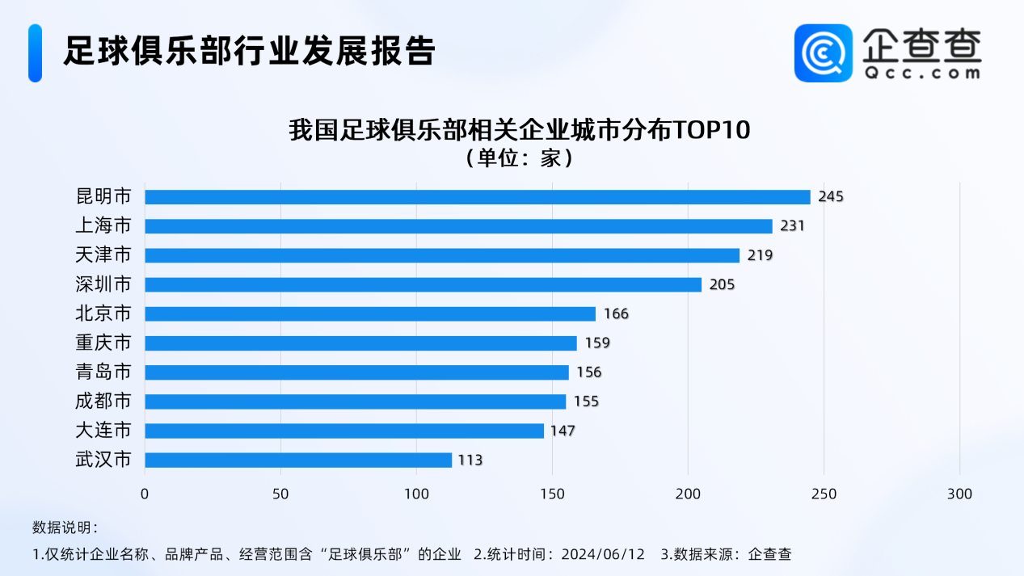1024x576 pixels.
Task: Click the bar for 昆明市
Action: [x=477, y=197]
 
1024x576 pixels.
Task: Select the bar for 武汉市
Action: [x=298, y=460]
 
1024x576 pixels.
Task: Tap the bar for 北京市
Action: [x=370, y=313]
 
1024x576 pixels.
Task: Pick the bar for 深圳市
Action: [x=423, y=284]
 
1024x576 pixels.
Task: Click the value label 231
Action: [x=792, y=226]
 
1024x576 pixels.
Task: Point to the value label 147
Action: [x=563, y=431]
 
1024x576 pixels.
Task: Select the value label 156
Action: [x=589, y=372]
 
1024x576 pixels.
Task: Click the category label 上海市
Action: [x=103, y=226]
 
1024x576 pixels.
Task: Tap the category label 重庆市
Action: [x=103, y=343]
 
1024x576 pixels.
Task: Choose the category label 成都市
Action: [x=103, y=402]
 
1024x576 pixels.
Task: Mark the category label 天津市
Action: [x=103, y=255]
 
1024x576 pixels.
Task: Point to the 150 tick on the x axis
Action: [x=553, y=494]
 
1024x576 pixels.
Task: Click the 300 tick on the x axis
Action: [x=960, y=494]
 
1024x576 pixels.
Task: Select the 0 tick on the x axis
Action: [x=145, y=494]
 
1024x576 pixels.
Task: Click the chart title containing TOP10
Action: [x=520, y=130]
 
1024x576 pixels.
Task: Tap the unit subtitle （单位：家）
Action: [x=520, y=158]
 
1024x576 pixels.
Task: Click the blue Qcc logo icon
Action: [x=824, y=53]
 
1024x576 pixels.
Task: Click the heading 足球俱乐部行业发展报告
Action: [x=250, y=51]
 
